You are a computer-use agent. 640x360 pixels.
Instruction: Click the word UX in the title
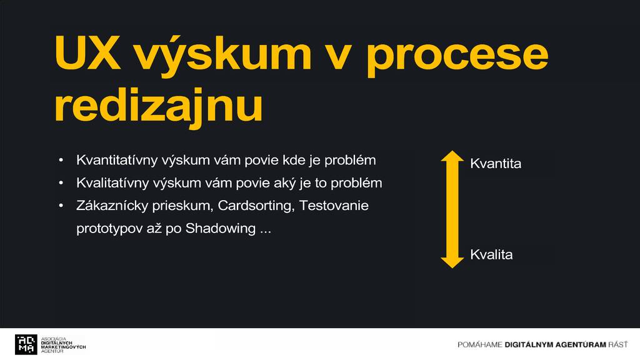pos(87,52)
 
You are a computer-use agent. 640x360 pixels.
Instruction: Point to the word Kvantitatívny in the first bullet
pos(117,161)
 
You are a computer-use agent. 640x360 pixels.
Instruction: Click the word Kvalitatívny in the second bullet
pos(112,183)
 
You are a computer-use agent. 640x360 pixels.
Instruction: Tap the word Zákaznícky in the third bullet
pos(112,205)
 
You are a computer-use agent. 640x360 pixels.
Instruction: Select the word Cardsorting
pos(256,206)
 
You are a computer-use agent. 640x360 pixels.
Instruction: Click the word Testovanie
pos(334,205)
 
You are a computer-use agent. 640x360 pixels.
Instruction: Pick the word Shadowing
pos(221,228)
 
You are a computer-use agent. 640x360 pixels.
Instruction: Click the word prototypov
pos(108,229)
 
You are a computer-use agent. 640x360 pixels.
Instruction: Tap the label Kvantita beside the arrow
pos(496,164)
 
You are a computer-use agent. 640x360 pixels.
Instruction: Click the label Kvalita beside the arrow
pos(491,255)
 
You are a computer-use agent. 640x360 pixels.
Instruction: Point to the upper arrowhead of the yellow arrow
pos(452,156)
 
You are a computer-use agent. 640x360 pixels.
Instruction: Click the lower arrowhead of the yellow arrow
pos(452,263)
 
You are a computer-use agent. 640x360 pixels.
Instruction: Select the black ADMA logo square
pos(26,344)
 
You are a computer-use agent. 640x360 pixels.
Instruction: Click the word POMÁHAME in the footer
pos(479,345)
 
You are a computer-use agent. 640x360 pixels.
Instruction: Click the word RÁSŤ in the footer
pos(618,344)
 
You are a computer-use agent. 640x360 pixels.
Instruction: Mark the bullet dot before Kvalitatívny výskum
pos(61,183)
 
